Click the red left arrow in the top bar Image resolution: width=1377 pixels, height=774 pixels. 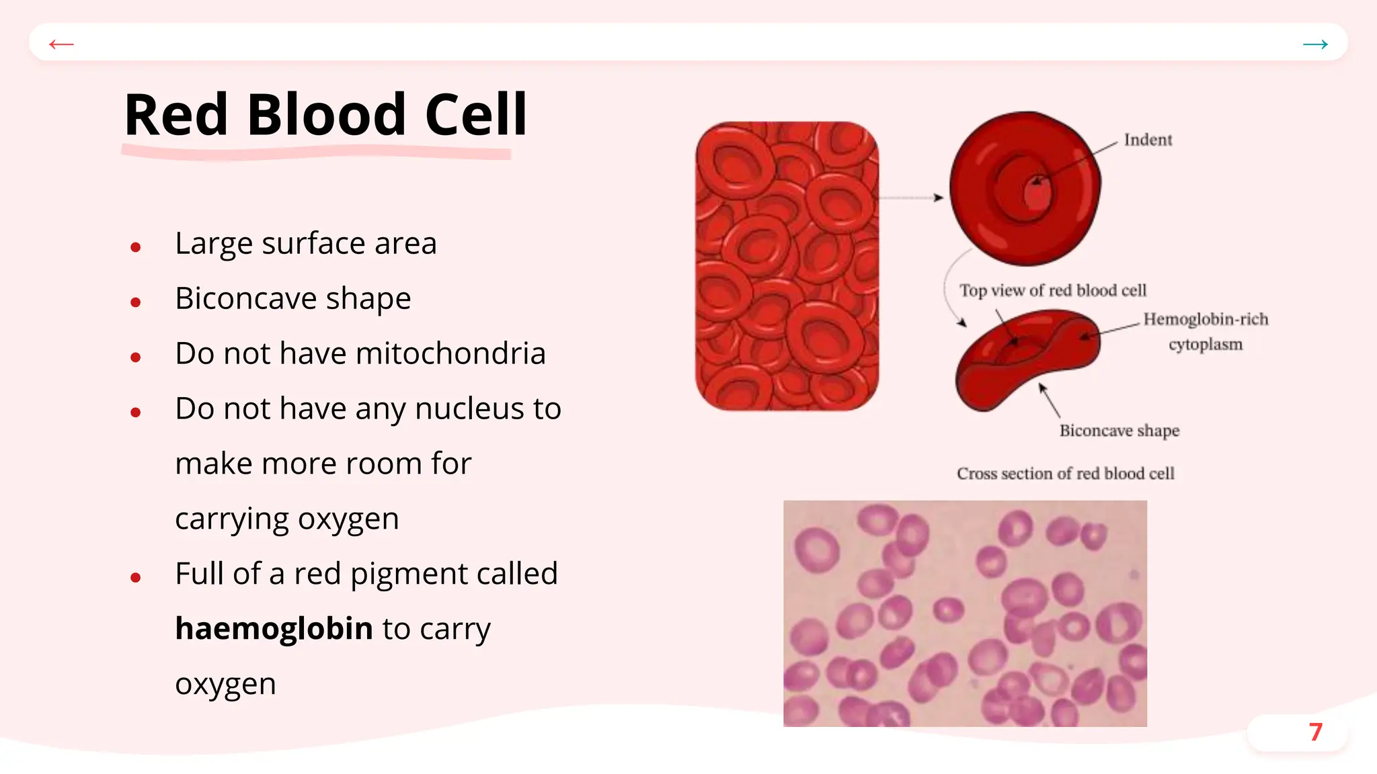click(x=61, y=44)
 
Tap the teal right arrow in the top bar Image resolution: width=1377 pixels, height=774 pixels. click(x=1315, y=44)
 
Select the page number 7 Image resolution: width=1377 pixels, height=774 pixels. click(x=1315, y=732)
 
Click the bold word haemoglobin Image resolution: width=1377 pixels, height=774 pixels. click(x=274, y=629)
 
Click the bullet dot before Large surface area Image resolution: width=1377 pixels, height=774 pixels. click(x=136, y=247)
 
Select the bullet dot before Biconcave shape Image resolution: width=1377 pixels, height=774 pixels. click(x=136, y=302)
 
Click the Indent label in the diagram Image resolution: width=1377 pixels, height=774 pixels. click(x=1148, y=140)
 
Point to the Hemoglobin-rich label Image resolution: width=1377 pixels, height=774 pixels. click(x=1206, y=319)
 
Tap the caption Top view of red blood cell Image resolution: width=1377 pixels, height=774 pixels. click(x=1053, y=290)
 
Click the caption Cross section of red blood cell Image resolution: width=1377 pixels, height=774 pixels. click(x=1066, y=474)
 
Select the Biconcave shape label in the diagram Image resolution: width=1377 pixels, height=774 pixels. click(x=1119, y=431)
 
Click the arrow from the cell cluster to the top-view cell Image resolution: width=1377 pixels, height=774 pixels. click(x=911, y=198)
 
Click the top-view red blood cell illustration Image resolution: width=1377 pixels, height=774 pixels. click(x=1024, y=188)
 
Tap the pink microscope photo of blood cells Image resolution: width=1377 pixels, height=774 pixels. click(x=965, y=613)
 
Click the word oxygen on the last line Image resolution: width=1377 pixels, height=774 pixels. click(x=225, y=684)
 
